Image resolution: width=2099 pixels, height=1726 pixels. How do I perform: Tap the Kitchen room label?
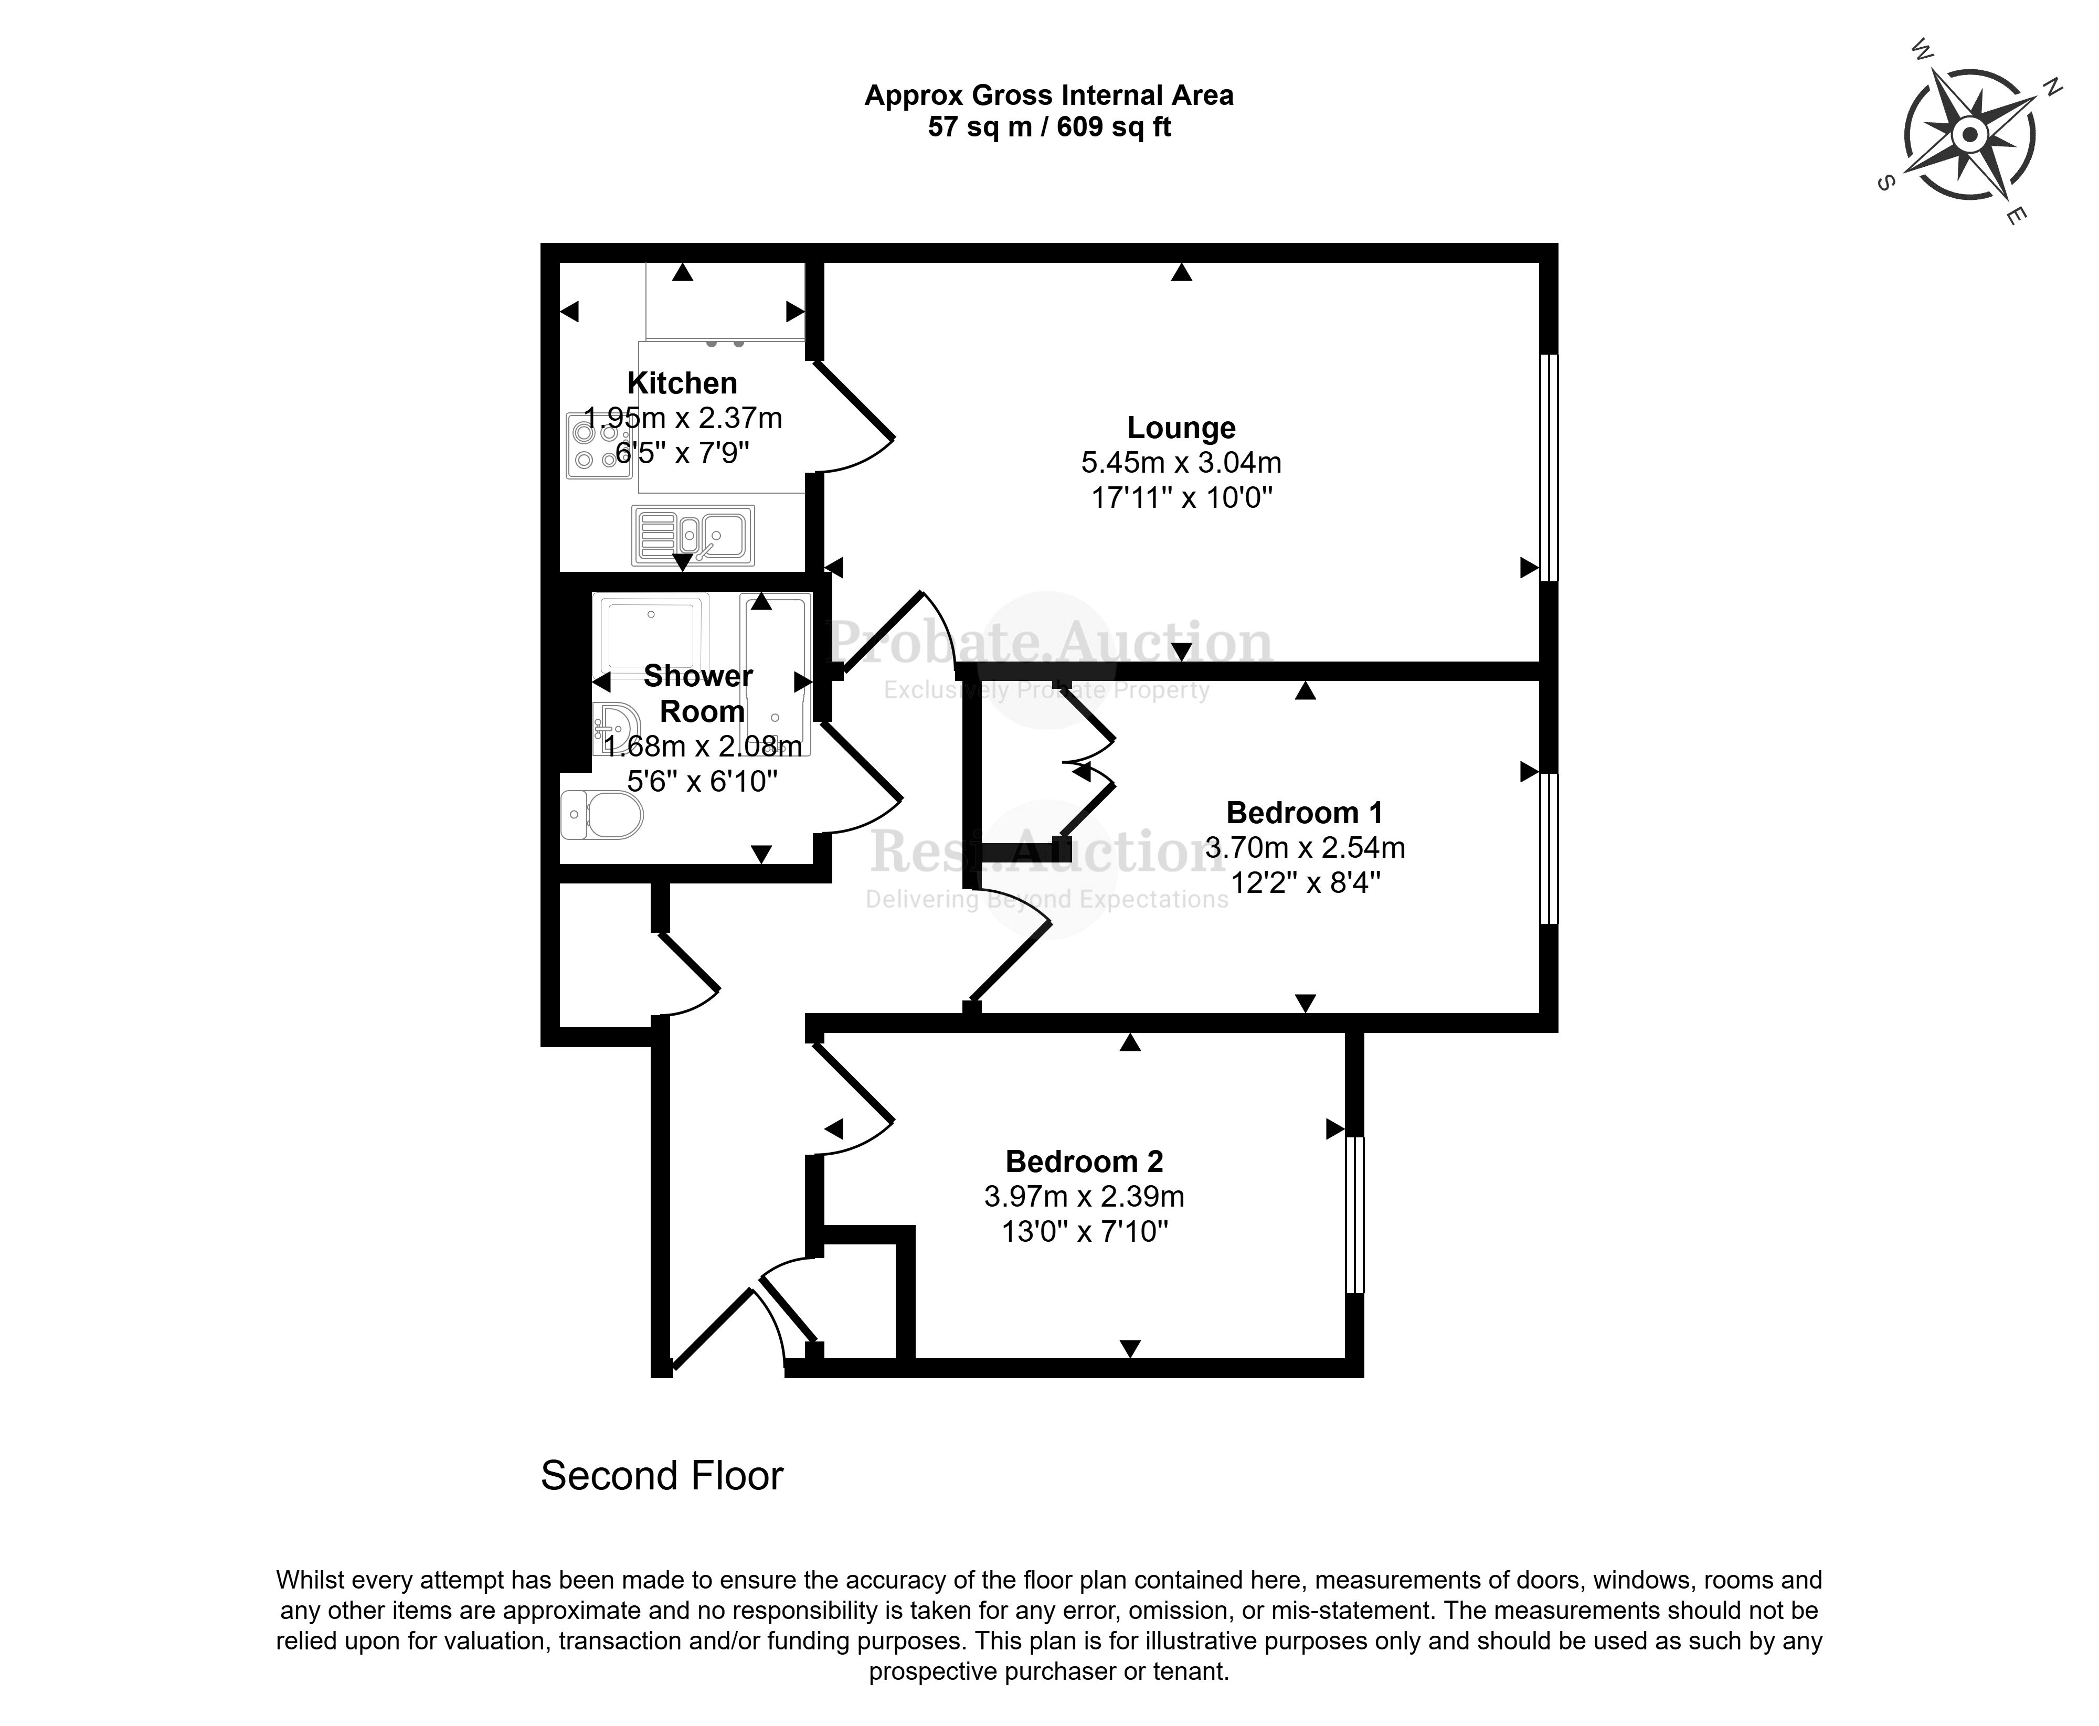tap(682, 383)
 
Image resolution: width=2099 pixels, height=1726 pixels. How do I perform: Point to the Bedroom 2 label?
tap(1084, 1162)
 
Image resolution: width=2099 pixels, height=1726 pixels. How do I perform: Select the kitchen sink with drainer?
tap(693, 535)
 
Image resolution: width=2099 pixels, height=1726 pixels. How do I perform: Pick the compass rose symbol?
tap(1969, 134)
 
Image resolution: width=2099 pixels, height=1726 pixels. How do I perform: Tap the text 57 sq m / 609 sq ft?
tap(1049, 127)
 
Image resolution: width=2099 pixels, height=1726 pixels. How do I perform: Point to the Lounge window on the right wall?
tap(1548, 467)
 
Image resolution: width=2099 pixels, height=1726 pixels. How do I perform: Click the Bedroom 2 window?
tap(1354, 1215)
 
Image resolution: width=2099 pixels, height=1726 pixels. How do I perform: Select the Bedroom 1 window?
tap(1548, 848)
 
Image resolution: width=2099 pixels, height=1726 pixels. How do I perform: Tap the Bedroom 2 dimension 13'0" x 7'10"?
tap(1084, 1232)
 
